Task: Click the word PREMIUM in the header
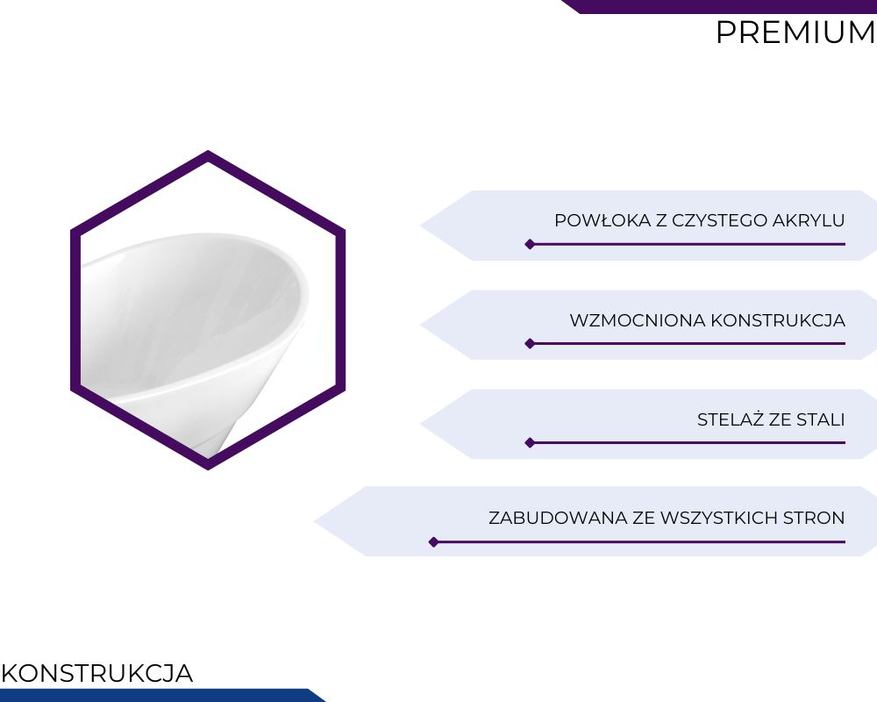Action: click(x=795, y=32)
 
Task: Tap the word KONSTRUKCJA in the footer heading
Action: click(x=97, y=673)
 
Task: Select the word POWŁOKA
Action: click(x=603, y=220)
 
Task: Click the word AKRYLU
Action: click(x=809, y=220)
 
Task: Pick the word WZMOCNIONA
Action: click(x=638, y=320)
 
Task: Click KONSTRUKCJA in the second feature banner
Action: click(x=778, y=320)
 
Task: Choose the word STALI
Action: click(x=821, y=419)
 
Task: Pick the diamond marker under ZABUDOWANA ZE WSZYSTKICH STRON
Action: click(x=433, y=542)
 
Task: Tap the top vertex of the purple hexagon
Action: click(x=208, y=151)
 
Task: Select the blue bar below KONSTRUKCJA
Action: click(x=162, y=695)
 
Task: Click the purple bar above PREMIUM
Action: click(x=719, y=6)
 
